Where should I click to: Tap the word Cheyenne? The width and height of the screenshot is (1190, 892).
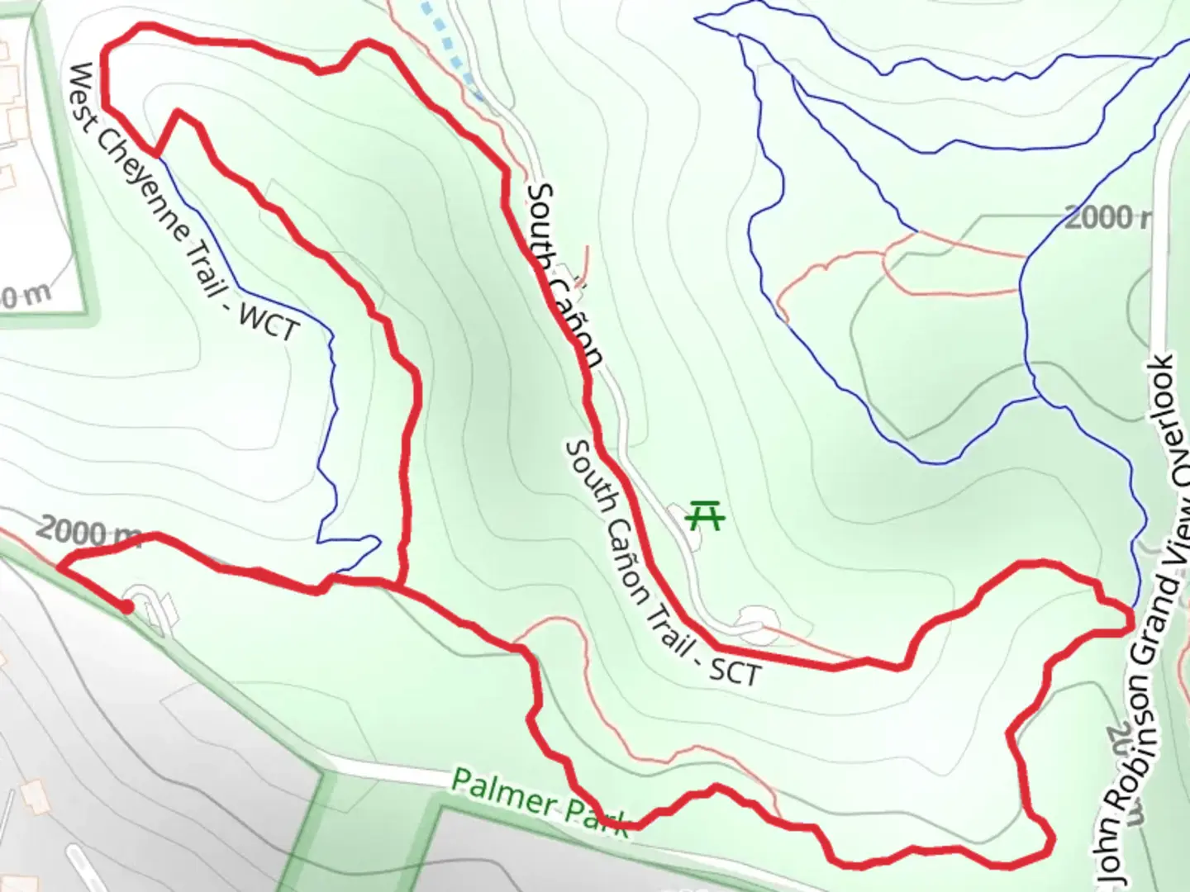(136, 170)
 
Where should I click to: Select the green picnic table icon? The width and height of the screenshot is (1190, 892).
(706, 515)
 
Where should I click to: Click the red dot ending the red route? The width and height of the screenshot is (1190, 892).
(127, 607)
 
